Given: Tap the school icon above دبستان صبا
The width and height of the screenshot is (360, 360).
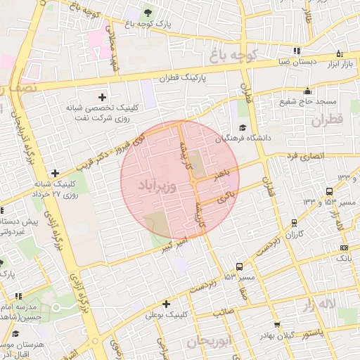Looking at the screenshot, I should (297, 51).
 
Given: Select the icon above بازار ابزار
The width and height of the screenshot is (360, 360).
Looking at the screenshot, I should (340, 53).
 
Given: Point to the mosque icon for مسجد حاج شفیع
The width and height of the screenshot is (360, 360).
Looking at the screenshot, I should (307, 91).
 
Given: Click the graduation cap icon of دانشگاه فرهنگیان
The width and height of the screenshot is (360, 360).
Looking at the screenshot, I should (243, 128).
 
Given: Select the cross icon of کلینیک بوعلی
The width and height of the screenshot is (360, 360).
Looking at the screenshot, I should (166, 304).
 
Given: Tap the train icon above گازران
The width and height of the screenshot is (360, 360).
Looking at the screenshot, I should (294, 222).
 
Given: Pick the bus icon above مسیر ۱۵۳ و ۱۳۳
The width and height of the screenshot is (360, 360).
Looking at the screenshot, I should (329, 191).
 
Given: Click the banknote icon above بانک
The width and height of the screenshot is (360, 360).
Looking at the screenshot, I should (343, 247).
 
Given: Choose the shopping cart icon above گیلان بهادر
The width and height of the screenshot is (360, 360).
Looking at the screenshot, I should (278, 325).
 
